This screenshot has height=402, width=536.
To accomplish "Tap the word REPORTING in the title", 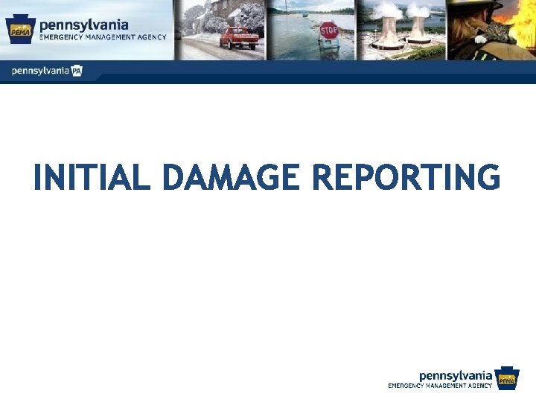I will point(406,178).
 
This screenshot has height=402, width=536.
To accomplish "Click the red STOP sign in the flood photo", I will point(328,31).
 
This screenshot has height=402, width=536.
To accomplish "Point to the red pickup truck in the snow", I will point(239,36).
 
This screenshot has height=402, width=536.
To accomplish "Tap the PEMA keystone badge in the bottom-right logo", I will point(507,379).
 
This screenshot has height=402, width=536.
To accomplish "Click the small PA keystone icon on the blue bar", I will point(76,71).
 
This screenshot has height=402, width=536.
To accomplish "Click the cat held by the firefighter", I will point(491,33).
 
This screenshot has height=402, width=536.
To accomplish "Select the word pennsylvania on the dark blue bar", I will point(40,71).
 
